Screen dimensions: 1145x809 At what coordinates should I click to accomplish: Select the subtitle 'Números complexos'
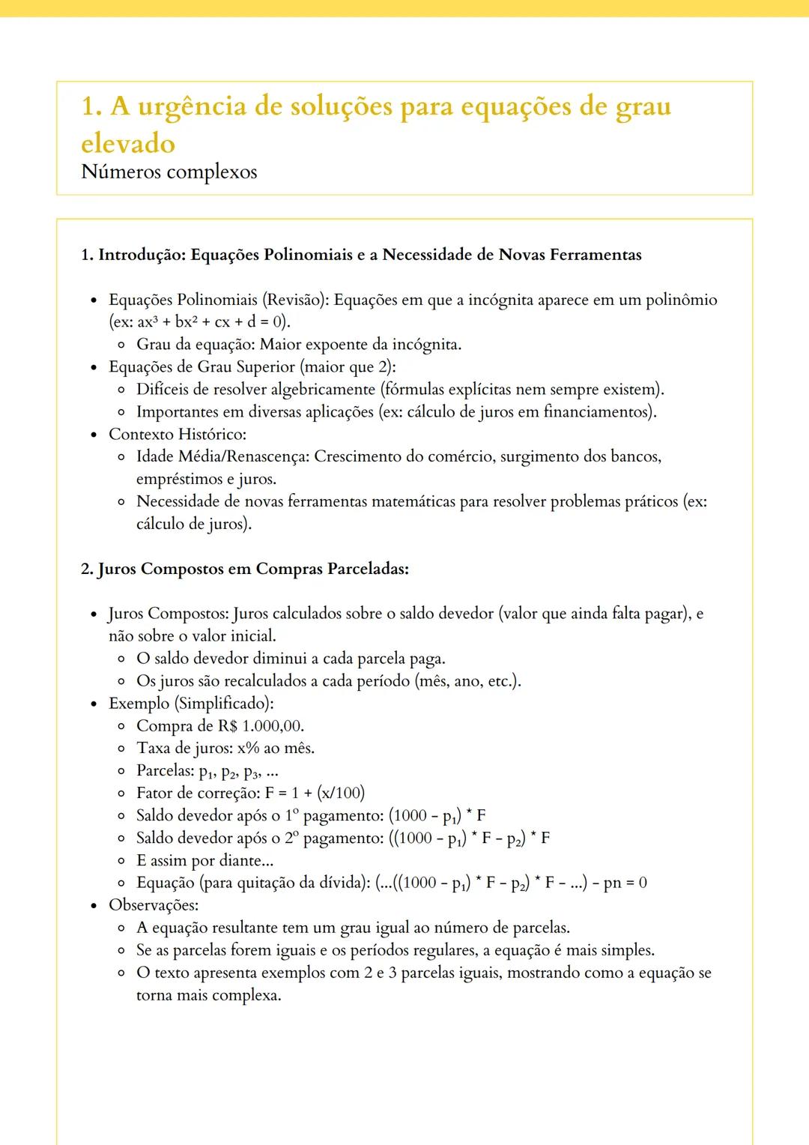pos(169,172)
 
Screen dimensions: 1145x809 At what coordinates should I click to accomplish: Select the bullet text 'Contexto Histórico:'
pos(178,434)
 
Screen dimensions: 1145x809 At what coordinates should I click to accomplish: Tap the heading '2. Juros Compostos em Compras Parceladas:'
pos(245,569)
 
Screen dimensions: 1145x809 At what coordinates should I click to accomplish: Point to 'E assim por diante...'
pos(204,860)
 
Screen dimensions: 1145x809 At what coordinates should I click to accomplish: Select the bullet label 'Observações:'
pos(154,905)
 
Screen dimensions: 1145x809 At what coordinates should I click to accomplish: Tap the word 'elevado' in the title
pos(128,144)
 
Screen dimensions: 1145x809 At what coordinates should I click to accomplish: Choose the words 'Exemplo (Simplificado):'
pos(191,704)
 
